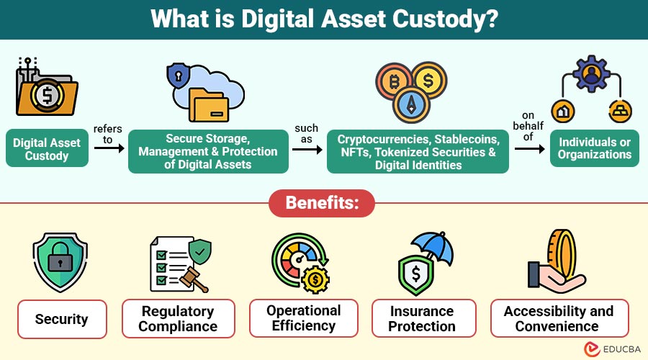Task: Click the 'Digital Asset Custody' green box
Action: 47,148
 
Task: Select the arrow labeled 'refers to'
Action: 109,148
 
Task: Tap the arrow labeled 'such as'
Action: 307,149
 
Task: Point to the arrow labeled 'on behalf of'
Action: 530,148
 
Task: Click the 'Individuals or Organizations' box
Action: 594,148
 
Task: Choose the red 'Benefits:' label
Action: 322,203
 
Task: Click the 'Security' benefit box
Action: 62,319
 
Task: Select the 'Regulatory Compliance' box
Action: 178,318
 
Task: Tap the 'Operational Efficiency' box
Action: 303,318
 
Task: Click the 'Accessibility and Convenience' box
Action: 559,318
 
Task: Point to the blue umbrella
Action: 433,247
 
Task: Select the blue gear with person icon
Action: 591,74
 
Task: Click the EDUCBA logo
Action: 613,349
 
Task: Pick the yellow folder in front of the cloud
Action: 209,105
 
